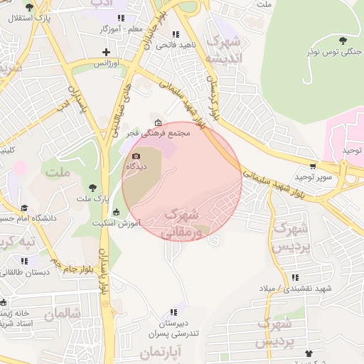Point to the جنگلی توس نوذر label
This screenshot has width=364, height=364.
pos(333,52)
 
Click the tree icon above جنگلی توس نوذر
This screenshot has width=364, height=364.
pos(345,39)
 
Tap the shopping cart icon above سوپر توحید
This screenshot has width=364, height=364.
pos(313,165)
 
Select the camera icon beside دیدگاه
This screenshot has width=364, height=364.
pos(136,156)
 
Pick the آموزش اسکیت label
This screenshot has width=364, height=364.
pos(117,223)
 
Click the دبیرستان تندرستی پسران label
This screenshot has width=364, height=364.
pos(173,327)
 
